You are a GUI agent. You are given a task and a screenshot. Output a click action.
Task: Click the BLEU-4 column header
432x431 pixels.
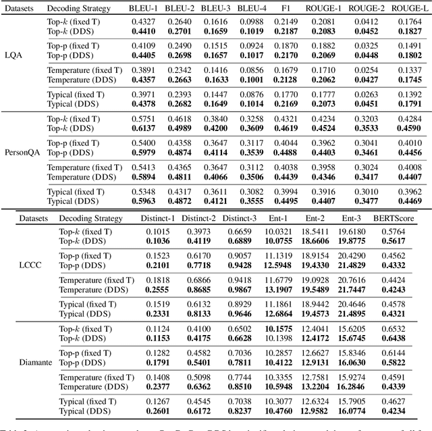click(251, 8)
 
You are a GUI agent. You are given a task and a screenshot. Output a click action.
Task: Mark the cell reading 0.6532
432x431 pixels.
click(394, 329)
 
